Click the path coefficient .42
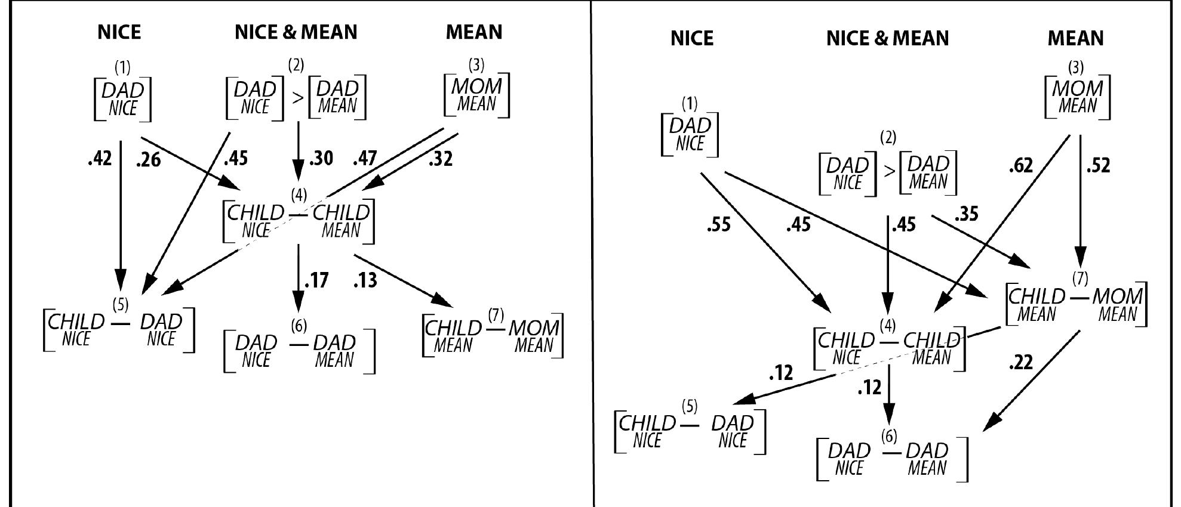[x=100, y=159]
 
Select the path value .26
[x=149, y=160]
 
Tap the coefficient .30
[x=321, y=159]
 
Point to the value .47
[x=365, y=159]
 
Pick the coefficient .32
[x=441, y=159]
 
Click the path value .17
[x=316, y=280]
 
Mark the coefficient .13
[x=365, y=280]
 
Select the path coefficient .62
[x=1020, y=166]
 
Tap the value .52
[x=1099, y=166]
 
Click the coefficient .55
[x=718, y=225]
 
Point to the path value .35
[x=967, y=214]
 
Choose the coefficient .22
[x=1020, y=363]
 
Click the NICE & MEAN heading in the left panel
[x=296, y=32]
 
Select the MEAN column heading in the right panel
[x=1075, y=39]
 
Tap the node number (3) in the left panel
[x=476, y=64]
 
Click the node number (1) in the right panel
[x=689, y=104]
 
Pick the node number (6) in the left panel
[x=299, y=326]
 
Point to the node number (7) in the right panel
[x=1080, y=279]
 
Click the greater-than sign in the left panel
[x=297, y=98]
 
